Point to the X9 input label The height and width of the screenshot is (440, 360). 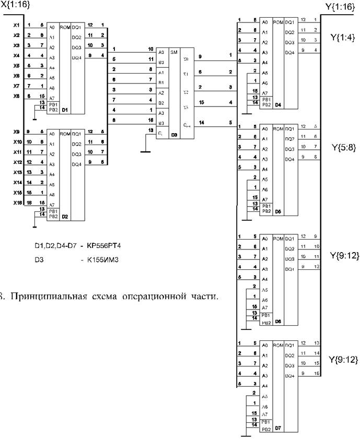16,132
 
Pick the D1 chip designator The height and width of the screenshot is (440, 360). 66,110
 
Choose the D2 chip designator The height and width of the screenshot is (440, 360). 66,216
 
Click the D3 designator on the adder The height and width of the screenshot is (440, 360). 174,134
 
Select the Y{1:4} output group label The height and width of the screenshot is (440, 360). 342,37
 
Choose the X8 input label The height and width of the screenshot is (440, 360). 16,96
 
